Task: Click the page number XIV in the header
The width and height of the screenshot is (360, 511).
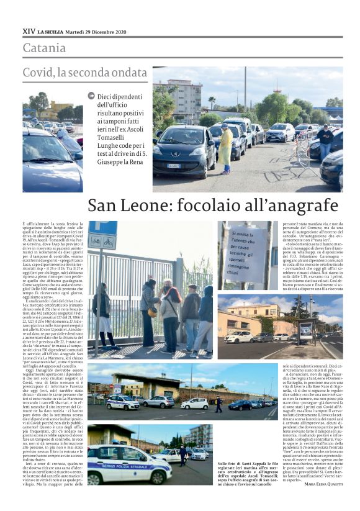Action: tap(29, 31)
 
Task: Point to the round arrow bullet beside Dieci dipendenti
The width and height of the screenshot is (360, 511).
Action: tap(91, 96)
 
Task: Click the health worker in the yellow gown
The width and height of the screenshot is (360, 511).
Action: tap(225, 147)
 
